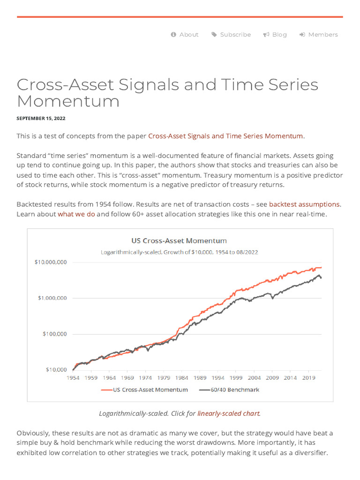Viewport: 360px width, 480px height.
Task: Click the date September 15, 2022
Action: [x=41, y=119]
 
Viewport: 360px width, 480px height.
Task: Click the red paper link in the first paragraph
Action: [x=225, y=136]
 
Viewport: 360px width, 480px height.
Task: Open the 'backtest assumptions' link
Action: [x=304, y=204]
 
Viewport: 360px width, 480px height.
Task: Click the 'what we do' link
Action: [x=76, y=214]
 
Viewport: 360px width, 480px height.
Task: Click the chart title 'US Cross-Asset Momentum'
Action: [x=179, y=240]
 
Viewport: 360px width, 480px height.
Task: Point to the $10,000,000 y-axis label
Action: [x=51, y=262]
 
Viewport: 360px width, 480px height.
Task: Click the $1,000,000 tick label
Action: [x=52, y=298]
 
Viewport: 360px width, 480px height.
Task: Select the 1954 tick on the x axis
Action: [x=73, y=377]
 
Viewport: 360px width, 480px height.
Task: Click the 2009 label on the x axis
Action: [x=272, y=377]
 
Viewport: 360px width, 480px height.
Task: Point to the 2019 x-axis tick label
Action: [x=308, y=377]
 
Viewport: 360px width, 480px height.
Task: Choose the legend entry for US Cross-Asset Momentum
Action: [x=150, y=390]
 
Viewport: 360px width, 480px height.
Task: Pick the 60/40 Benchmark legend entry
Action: [x=235, y=390]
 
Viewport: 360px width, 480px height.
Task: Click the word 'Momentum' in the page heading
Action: [x=68, y=101]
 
